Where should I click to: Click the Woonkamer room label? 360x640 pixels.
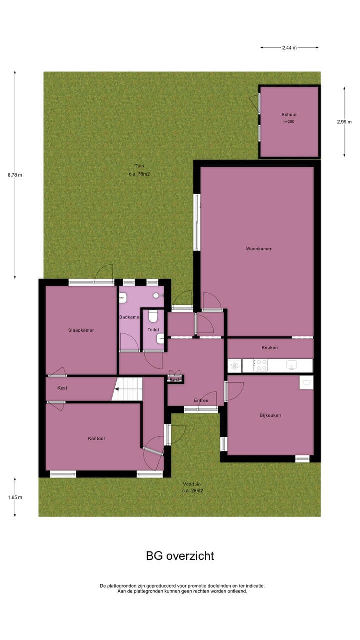pyautogui.click(x=258, y=248)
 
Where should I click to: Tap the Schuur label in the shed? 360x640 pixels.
pyautogui.click(x=289, y=115)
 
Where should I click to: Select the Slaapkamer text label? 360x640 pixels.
pyautogui.click(x=81, y=330)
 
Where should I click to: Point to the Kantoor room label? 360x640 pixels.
pyautogui.click(x=96, y=438)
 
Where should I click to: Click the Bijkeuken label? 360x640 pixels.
pyautogui.click(x=270, y=415)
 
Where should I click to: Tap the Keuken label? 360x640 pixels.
pyautogui.click(x=269, y=347)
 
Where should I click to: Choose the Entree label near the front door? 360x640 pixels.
pyautogui.click(x=201, y=400)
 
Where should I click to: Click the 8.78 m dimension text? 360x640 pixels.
pyautogui.click(x=15, y=175)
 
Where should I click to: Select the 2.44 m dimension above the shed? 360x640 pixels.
pyautogui.click(x=289, y=48)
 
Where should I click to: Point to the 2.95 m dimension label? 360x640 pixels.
pyautogui.click(x=344, y=122)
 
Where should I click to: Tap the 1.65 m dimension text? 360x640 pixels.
pyautogui.click(x=15, y=497)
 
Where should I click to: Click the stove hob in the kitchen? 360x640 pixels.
pyautogui.click(x=261, y=365)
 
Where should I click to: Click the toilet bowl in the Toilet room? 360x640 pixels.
pyautogui.click(x=153, y=316)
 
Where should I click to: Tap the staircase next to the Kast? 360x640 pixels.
pyautogui.click(x=127, y=389)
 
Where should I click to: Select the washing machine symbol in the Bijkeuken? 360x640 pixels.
pyautogui.click(x=306, y=382)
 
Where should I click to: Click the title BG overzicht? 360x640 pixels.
pyautogui.click(x=180, y=555)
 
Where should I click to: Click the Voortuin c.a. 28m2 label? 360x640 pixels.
pyautogui.click(x=193, y=487)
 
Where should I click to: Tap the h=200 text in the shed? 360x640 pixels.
pyautogui.click(x=289, y=121)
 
